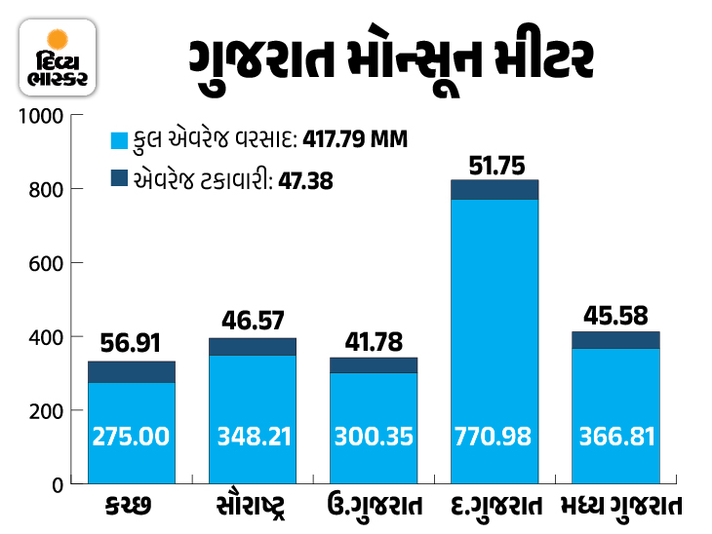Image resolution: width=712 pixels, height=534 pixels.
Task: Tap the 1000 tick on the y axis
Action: click(x=43, y=116)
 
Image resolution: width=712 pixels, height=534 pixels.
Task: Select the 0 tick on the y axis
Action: click(x=58, y=484)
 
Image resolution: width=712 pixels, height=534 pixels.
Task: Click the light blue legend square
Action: click(x=121, y=140)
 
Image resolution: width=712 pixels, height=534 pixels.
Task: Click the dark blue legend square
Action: click(x=121, y=178)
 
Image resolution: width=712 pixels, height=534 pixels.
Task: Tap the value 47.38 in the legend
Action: click(x=303, y=179)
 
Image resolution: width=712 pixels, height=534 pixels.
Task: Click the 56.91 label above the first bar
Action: click(x=132, y=343)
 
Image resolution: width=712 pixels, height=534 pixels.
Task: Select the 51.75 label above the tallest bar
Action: click(x=494, y=163)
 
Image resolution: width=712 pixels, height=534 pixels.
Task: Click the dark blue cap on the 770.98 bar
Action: click(x=494, y=189)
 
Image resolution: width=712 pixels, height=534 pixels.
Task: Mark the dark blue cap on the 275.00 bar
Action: click(x=132, y=371)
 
